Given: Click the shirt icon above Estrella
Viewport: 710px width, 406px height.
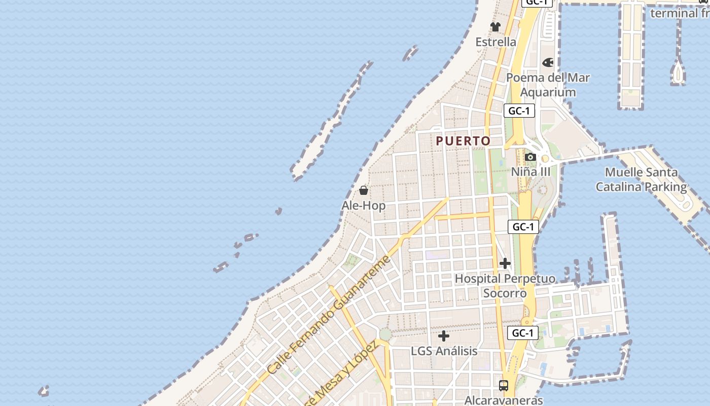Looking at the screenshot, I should pos(495,26).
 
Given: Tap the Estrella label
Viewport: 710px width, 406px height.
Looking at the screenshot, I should pos(495,42).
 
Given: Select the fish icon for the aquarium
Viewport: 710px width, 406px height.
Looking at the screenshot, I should pos(548,62).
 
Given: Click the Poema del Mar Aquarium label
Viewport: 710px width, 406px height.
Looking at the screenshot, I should pos(548,85).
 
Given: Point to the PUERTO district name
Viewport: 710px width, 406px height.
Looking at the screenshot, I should pos(464,141).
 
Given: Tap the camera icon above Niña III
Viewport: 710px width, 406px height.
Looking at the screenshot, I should pos(530,157).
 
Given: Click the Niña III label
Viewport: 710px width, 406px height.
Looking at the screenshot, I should pos(530,172).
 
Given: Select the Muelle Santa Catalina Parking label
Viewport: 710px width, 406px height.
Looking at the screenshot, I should pos(641,180).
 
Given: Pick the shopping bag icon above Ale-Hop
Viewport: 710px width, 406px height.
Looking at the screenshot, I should pos(364,190).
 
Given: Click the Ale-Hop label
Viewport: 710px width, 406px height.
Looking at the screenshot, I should pos(364,206).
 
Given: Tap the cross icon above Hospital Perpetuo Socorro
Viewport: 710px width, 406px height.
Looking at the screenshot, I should pos(505,263).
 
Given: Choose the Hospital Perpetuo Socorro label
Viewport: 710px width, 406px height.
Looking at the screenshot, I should pos(505,286).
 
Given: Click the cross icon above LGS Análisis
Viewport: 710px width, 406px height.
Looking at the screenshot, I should pos(444,335).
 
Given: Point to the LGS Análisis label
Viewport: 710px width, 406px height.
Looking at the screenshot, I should pos(444,351).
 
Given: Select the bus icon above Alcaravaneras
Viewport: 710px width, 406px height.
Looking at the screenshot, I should pos(504,385).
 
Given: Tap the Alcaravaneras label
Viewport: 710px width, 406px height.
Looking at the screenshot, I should pos(504,400).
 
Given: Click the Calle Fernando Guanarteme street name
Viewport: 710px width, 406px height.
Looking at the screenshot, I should pos(329,315).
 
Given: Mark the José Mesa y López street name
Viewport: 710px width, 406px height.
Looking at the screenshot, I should pos(342,375).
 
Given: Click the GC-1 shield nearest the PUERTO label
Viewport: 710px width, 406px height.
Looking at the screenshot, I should pos(519,111).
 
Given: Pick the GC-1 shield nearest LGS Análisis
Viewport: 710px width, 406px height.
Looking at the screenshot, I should pos(523,333).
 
